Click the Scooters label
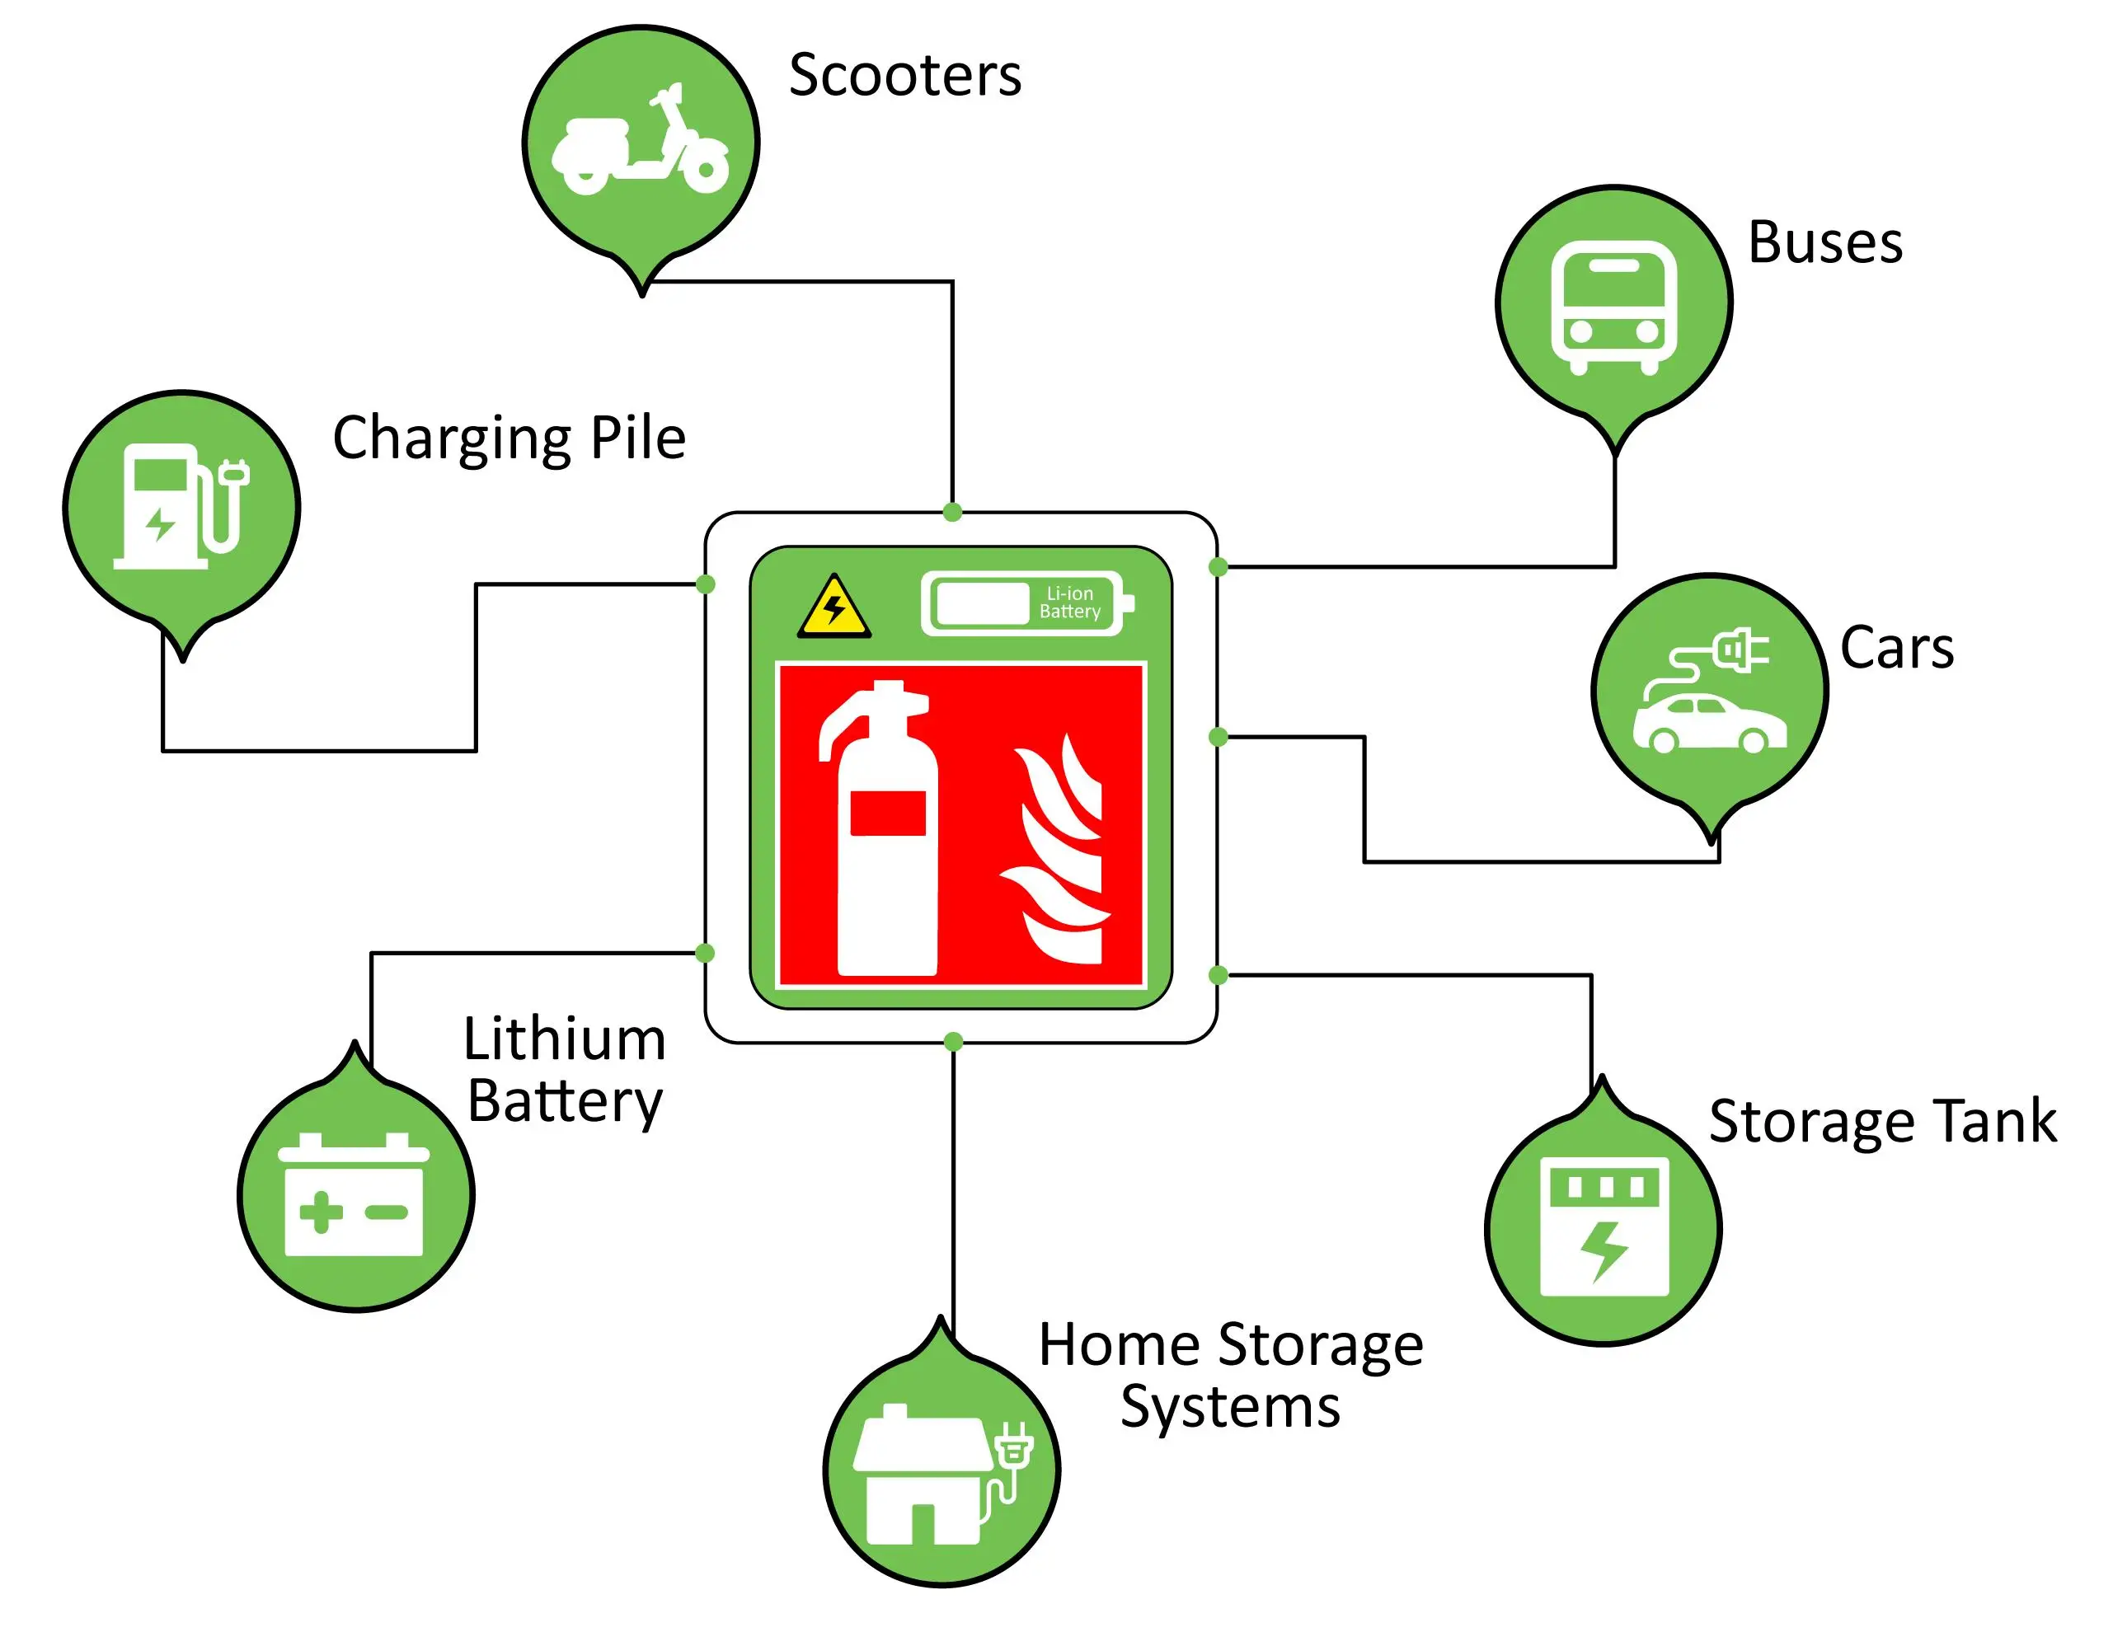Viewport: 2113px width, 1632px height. (904, 76)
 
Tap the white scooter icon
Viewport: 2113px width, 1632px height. (641, 145)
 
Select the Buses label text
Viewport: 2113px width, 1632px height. (1824, 243)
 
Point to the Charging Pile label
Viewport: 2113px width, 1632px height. (509, 438)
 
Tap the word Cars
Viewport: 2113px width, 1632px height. (1896, 648)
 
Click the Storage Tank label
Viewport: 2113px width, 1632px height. (1882, 1122)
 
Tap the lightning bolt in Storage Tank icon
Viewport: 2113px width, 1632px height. (1604, 1251)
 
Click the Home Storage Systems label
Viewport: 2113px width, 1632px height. (1230, 1375)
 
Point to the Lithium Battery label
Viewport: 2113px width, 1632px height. (564, 1070)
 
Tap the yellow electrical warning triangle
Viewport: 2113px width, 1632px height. (834, 609)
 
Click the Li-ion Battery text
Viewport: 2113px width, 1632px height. (1069, 603)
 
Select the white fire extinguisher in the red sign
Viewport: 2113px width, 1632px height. (883, 832)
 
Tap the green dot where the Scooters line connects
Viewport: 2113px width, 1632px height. (952, 512)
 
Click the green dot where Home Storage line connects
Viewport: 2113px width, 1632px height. (953, 1042)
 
